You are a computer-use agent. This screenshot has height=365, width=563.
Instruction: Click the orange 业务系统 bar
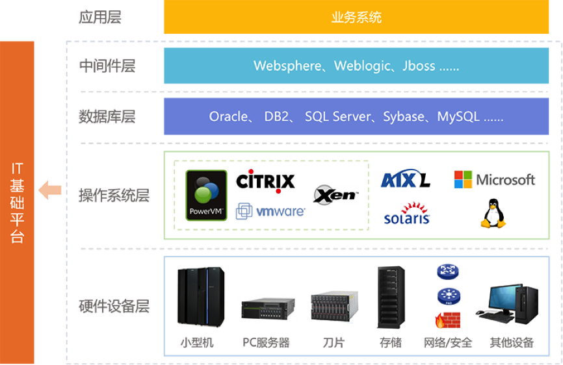coord(356,18)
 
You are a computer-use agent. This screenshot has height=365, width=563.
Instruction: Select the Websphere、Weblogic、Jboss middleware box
coord(356,66)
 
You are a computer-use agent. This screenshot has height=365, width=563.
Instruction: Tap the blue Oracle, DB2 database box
coord(356,117)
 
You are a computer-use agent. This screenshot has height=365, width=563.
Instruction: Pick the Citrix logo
coord(266,181)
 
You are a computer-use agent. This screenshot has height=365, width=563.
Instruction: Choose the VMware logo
coord(270,211)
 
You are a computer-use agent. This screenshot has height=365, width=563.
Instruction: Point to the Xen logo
coord(335,194)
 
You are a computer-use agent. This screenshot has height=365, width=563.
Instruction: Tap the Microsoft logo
coord(494,179)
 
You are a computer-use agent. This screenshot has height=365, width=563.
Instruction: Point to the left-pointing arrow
coord(50,190)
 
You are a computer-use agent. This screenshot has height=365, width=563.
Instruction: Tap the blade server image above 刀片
coord(334,307)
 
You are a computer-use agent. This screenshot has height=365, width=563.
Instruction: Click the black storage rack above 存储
coord(391,298)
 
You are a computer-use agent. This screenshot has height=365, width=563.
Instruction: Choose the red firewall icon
coord(447,320)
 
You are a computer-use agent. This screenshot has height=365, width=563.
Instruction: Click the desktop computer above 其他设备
coord(506,303)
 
